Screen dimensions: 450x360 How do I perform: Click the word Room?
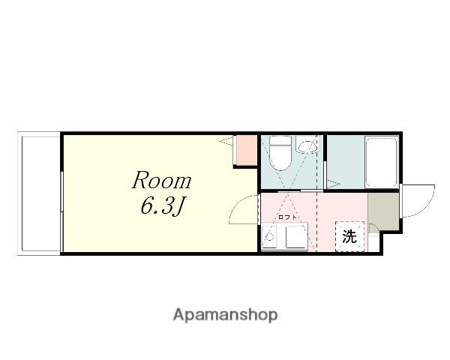pos(161,180)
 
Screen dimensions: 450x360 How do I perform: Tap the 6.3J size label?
pos(161,206)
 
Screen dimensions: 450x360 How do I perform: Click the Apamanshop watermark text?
pos(225,315)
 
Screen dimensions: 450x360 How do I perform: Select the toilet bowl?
pos(280,157)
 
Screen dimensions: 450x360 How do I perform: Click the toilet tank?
pos(280,140)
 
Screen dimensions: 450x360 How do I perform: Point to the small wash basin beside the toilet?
pos(307,145)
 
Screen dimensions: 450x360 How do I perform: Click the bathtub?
pos(382,162)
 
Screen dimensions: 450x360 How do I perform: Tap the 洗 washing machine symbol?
pos(349,236)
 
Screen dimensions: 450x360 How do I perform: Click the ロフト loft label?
pos(287,217)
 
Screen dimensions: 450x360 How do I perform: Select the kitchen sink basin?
pos(269,236)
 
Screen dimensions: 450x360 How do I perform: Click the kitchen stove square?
pos(297,236)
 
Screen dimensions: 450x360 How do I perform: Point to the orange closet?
pos(246,151)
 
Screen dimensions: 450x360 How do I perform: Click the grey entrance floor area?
pos(383,211)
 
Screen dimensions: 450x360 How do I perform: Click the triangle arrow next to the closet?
pos(226,141)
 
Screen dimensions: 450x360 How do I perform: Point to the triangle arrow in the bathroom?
pos(334,183)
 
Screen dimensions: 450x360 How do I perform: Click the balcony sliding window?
pos(61,211)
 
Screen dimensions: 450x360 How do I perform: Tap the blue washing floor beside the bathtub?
pos(346,162)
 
